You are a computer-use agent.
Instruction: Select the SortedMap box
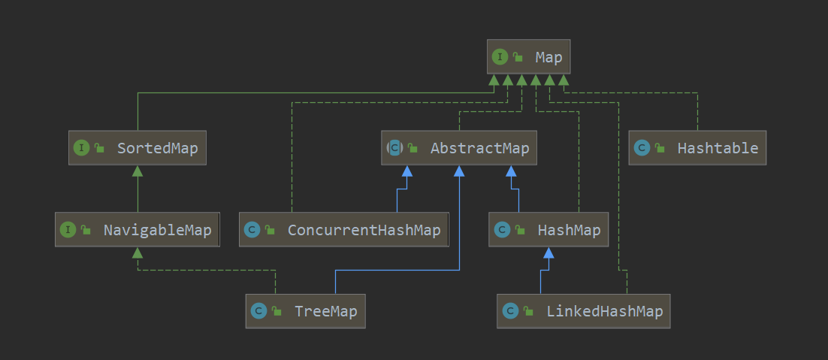coord(137,148)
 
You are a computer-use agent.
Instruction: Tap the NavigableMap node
coord(137,229)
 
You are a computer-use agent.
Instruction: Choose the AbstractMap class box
coord(460,148)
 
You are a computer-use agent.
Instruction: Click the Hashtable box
coord(698,148)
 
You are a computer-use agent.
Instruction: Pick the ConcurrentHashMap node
coord(343,229)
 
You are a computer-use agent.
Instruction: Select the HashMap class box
coord(548,229)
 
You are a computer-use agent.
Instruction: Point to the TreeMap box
coord(305,310)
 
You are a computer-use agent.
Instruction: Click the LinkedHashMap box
coord(583,310)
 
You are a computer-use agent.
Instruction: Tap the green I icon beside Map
coord(500,57)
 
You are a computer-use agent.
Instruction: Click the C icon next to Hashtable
coord(642,148)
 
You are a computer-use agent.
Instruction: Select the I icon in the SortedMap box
coord(81,148)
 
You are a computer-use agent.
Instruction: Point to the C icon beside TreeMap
coord(258,310)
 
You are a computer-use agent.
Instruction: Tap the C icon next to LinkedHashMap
coord(510,310)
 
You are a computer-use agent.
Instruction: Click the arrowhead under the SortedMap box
coord(137,171)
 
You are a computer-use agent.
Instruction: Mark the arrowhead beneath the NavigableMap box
coord(137,253)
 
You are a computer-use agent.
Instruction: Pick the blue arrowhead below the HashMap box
coord(548,253)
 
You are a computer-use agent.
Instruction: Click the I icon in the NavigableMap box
coord(68,229)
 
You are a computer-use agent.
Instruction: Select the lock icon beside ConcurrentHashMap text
coord(270,230)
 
